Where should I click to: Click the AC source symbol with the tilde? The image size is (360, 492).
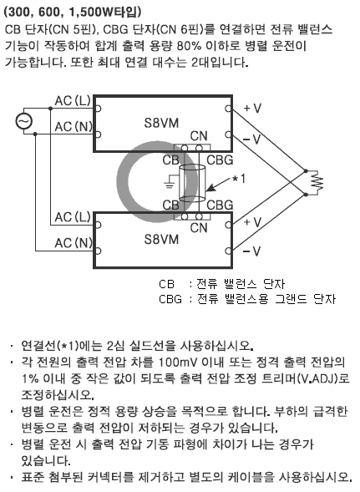coord(24,121)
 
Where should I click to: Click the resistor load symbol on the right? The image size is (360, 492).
coord(317,182)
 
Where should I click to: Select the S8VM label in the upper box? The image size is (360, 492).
coord(161,123)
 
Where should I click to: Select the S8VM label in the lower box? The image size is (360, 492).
coord(161,240)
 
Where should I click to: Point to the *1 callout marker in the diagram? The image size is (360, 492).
coord(239,179)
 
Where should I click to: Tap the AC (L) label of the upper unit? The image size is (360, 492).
coord(73,101)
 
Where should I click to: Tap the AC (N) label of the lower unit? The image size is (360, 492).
coord(74,243)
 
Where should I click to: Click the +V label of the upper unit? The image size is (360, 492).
coord(252,109)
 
